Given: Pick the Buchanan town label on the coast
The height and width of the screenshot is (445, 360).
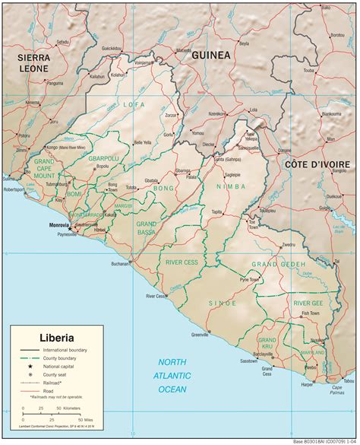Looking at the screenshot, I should pos(119,264).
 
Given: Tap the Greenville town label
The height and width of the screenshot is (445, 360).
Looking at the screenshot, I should pos(201,334).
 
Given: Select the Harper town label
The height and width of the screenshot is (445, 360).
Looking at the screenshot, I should pos(307,385).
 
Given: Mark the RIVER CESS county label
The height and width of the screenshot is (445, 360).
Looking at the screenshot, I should pos(182,262).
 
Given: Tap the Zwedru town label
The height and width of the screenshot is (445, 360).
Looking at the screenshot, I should pos(288,245).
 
